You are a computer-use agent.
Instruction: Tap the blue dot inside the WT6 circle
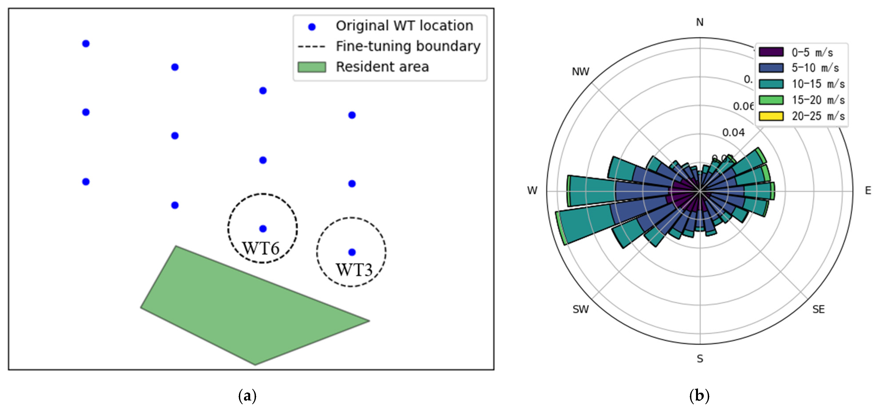(x=263, y=229)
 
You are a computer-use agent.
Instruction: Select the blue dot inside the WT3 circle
(x=352, y=252)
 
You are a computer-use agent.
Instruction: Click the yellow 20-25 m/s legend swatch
(x=771, y=116)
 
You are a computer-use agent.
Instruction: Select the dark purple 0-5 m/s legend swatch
(x=771, y=52)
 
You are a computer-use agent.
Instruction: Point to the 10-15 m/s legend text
(x=818, y=84)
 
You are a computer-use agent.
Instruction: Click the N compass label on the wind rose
(x=700, y=22)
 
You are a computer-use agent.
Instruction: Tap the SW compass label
(x=580, y=309)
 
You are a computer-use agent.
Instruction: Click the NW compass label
(x=580, y=72)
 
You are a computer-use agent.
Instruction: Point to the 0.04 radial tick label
(x=733, y=133)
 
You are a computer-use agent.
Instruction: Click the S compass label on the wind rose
(x=700, y=359)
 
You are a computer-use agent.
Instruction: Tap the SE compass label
(x=818, y=309)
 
